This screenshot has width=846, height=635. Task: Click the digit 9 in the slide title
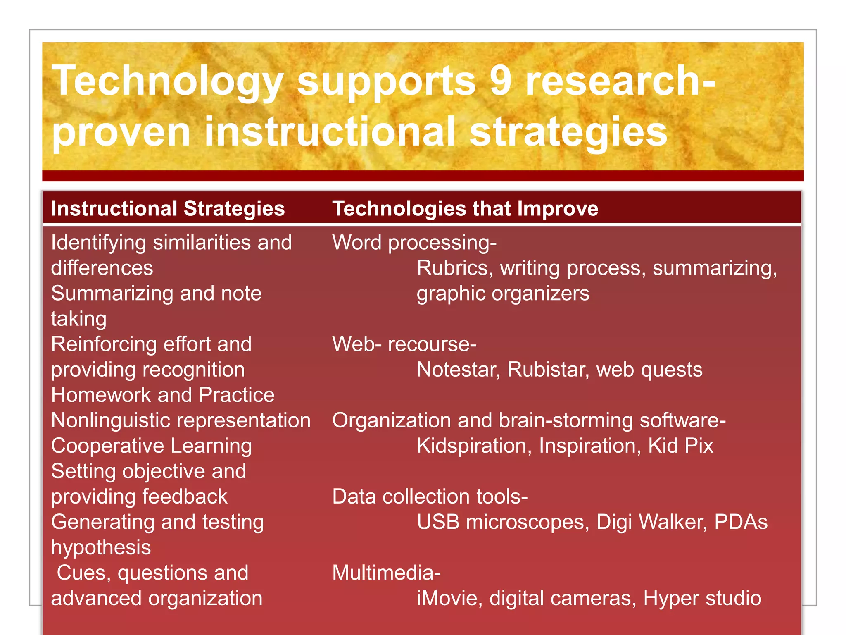tap(500, 81)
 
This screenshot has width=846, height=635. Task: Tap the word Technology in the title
tap(167, 81)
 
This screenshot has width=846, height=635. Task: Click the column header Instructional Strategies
tap(168, 208)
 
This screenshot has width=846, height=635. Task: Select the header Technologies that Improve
tap(465, 208)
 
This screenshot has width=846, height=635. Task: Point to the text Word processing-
tap(414, 242)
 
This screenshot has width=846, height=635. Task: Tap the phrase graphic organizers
tap(503, 294)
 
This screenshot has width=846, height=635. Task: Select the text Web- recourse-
tap(404, 344)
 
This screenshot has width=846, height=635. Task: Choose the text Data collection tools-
tap(430, 497)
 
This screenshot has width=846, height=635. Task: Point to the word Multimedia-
tap(387, 573)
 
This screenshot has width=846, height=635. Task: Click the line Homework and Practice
tap(163, 395)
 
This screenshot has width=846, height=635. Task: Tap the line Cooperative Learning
tap(152, 446)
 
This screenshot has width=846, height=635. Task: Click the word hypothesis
tap(101, 548)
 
